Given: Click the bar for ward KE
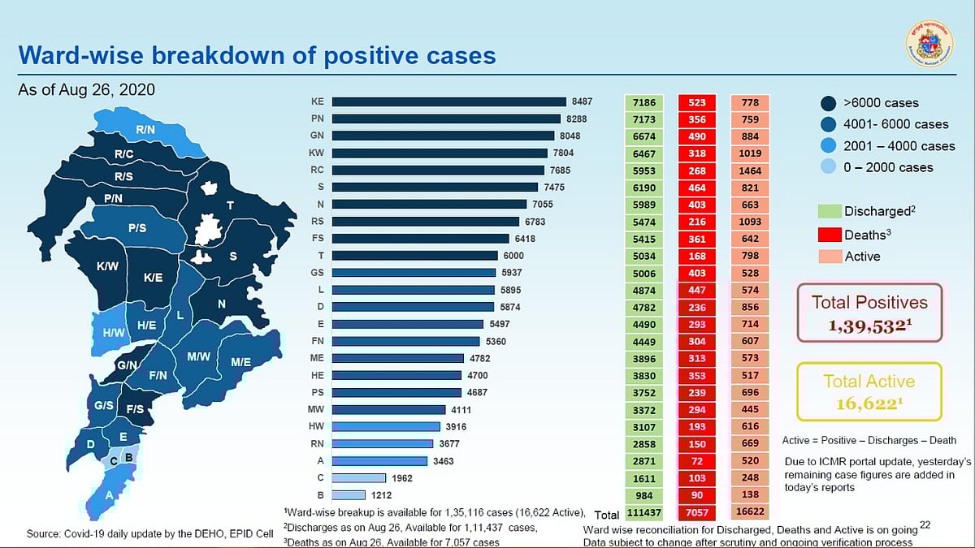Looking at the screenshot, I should [x=449, y=102].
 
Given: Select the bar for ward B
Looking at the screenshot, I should [x=349, y=495].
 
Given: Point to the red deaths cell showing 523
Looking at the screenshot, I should [x=697, y=103].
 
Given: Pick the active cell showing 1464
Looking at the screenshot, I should [x=750, y=171].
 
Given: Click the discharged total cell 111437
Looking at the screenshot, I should [x=645, y=513].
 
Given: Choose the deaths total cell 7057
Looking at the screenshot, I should [x=697, y=513].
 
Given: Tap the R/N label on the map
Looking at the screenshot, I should [x=146, y=130].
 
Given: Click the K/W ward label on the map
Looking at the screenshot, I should [x=108, y=266].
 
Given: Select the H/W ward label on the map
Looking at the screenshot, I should [x=113, y=332].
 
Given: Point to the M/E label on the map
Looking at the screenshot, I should [x=240, y=362].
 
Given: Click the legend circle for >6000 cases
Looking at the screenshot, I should [x=829, y=103].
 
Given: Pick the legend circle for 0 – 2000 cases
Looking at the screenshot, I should [x=829, y=167].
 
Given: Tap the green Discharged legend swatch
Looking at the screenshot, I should [x=830, y=211].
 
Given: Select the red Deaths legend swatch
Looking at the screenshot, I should [x=830, y=234].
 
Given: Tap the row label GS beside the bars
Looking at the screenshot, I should [x=318, y=273].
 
